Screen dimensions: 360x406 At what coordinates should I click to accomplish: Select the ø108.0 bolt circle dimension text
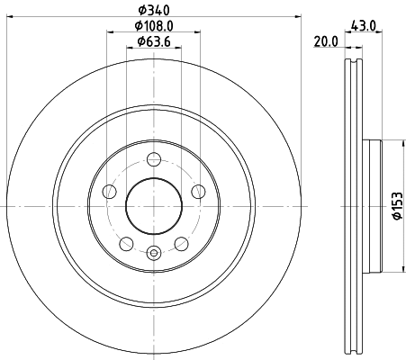click(154, 26)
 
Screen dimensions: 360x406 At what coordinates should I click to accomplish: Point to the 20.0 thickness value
click(325, 40)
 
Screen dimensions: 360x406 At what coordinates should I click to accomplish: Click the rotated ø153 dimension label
click(395, 205)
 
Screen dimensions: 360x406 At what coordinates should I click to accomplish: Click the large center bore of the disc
click(154, 206)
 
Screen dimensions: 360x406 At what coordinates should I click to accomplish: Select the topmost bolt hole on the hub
click(154, 159)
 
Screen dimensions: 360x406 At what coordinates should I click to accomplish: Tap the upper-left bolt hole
click(110, 191)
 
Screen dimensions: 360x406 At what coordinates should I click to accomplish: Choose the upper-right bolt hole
click(198, 191)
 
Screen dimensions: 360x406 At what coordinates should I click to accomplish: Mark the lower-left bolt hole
click(127, 243)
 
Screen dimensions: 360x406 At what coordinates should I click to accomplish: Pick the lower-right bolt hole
click(181, 243)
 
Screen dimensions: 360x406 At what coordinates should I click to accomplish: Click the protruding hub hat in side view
click(374, 206)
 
